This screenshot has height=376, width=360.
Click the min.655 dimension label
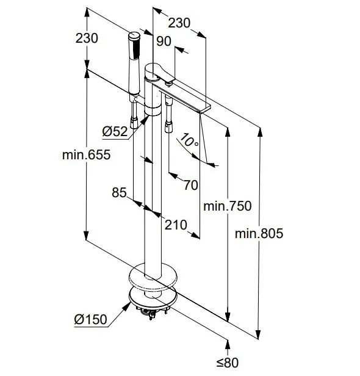pos(86,154)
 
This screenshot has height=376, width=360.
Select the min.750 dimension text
pos(228,206)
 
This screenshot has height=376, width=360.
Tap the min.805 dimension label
pos(259,233)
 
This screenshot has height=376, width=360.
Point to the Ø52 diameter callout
pos(115,131)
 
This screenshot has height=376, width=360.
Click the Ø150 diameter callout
pos(90,319)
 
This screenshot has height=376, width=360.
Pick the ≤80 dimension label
pos(228,363)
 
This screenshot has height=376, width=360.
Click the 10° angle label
pos(189,141)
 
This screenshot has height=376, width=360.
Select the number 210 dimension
pos(176,225)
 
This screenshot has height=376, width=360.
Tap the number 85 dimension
pos(119,192)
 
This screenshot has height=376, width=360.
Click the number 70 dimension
pos(191,185)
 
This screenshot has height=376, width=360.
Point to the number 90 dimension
pos(164,42)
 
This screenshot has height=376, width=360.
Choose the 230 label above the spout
pos(179,23)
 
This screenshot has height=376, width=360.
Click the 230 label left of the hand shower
pos(87,38)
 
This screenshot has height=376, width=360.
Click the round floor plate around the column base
pos(153,276)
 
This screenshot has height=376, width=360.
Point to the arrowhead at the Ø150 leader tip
pos(128,306)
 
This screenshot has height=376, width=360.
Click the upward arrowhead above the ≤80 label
pos(228,344)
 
